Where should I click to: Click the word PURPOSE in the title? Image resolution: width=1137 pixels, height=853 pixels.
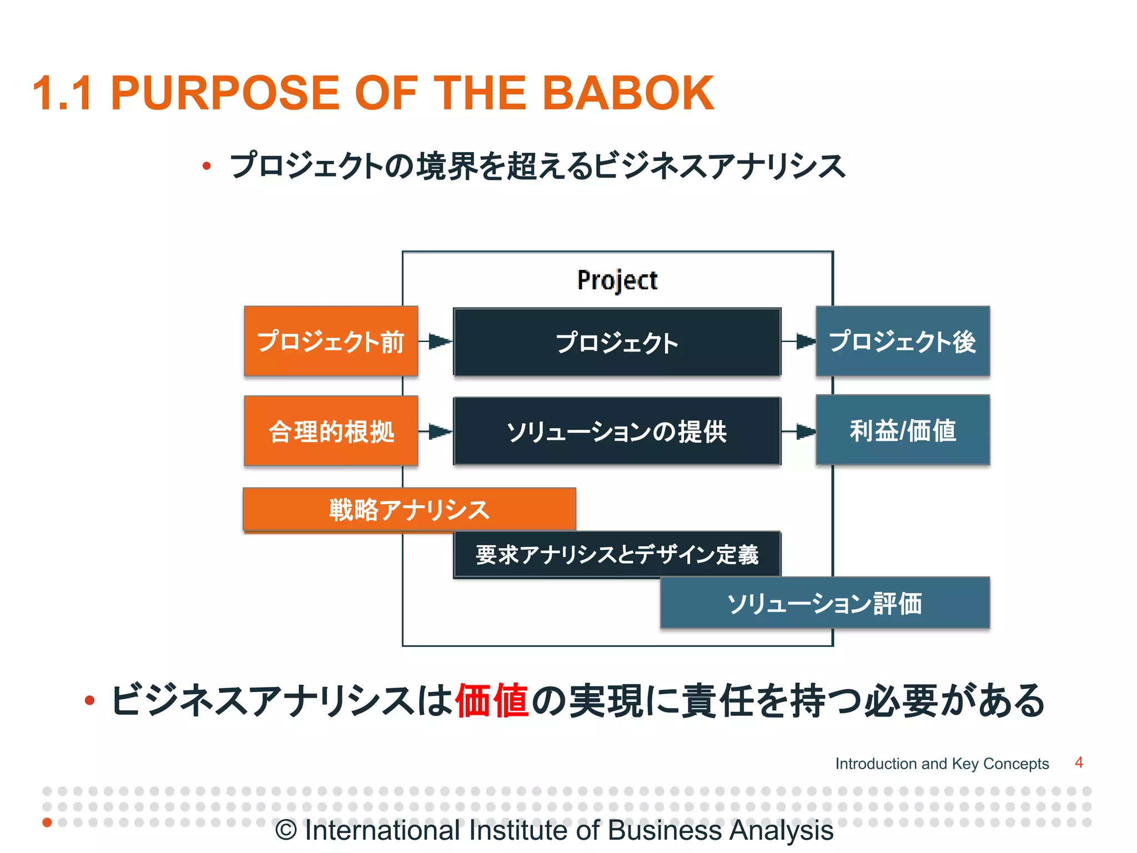point(225,93)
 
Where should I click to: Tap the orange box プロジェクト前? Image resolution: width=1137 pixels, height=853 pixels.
point(331,341)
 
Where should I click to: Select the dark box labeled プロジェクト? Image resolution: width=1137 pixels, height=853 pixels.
point(617,342)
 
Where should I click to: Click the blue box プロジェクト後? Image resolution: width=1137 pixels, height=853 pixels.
point(903,341)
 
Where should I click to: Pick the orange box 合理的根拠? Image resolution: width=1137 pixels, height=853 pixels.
point(331,431)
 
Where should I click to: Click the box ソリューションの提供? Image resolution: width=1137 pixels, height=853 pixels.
point(617,431)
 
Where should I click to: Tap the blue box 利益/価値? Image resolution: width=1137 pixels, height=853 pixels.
point(903,430)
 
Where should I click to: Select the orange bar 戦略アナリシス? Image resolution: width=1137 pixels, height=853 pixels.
point(409,509)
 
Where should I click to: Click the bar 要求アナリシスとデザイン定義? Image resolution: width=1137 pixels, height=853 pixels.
point(617,554)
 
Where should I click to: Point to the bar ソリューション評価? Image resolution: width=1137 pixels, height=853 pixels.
point(824,603)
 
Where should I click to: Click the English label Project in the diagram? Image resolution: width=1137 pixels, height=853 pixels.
point(617,280)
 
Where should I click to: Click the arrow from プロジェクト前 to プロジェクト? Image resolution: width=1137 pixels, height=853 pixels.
point(436,341)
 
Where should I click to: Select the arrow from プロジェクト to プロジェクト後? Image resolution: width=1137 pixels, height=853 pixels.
point(799,341)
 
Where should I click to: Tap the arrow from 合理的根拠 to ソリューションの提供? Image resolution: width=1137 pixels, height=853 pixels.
point(436,431)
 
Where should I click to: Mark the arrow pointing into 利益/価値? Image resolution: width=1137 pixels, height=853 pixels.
point(799,431)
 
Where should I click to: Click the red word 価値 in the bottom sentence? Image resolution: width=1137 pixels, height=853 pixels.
point(492,700)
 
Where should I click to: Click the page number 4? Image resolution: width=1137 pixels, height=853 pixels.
point(1079,762)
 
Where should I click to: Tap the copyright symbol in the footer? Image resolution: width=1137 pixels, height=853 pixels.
point(286,831)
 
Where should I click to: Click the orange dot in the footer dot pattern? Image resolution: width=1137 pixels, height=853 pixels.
point(47,822)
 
